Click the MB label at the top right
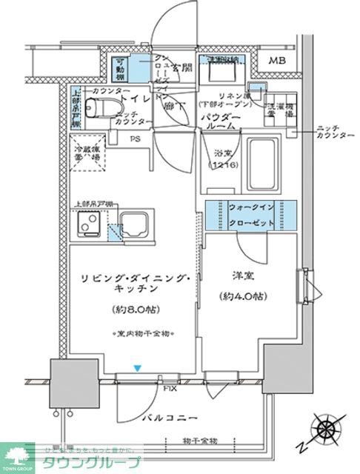[277, 60]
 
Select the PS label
[135, 138]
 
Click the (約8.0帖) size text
[134, 309]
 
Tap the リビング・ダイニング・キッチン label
[134, 284]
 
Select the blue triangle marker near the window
[136, 367]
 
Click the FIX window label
[170, 387]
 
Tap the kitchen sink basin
[135, 223]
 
